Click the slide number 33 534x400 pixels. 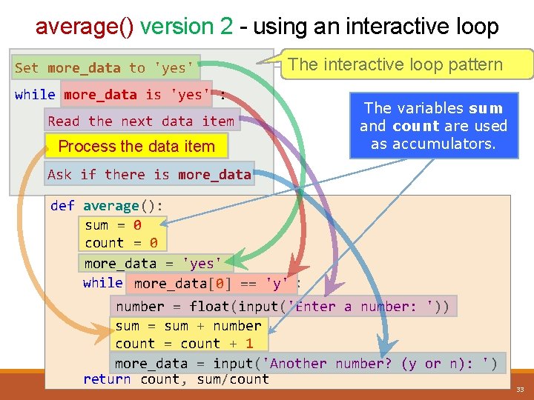(520, 390)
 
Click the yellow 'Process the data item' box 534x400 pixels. (136, 147)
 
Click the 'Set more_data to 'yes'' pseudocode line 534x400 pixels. (105, 68)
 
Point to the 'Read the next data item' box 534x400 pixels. (141, 121)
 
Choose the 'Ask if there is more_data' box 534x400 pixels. (149, 175)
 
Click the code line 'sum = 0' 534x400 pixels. (113, 225)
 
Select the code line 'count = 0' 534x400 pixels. (121, 243)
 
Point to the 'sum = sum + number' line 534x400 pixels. (188, 326)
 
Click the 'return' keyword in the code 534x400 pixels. (107, 379)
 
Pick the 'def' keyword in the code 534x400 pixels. (62, 206)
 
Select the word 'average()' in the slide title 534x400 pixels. (85, 27)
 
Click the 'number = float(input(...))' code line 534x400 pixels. (282, 307)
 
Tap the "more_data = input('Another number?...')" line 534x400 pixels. (306, 364)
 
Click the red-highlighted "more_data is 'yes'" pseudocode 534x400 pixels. (138, 95)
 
